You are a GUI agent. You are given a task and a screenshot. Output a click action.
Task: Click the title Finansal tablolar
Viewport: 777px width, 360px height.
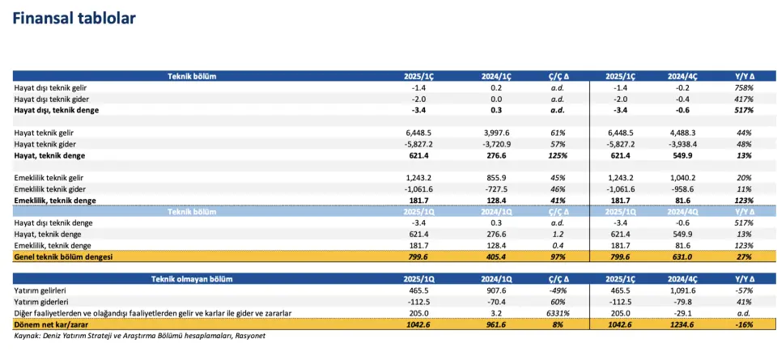pyautogui.click(x=74, y=19)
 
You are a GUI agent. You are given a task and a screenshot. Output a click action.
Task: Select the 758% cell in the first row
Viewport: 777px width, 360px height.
pyautogui.click(x=744, y=87)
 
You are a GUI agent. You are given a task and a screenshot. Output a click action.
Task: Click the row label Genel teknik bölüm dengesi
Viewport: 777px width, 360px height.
pyautogui.click(x=63, y=256)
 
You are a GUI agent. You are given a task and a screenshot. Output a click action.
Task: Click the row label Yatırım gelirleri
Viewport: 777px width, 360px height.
pyautogui.click(x=42, y=290)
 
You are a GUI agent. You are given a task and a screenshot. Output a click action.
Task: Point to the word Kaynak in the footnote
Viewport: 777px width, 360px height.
pyautogui.click(x=28, y=336)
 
